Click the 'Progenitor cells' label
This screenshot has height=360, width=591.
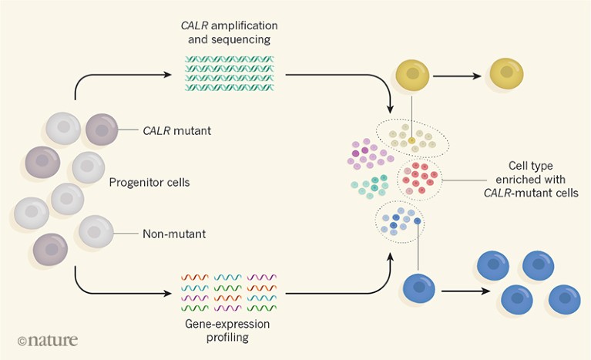coord(149,183)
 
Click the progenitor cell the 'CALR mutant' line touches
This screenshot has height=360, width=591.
coord(101,130)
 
